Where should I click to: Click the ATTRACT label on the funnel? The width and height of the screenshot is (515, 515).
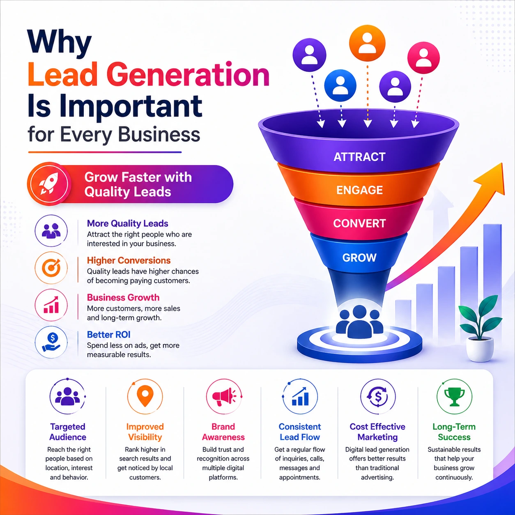(359, 157)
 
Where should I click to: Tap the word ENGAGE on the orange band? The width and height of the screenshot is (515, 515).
(359, 190)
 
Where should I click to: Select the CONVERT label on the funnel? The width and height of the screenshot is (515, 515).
(359, 223)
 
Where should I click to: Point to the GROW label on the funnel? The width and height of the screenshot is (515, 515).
(359, 257)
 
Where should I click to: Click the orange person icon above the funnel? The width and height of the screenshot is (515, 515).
(367, 43)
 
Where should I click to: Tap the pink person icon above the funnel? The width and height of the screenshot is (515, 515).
(423, 58)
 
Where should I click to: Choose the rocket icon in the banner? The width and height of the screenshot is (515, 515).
(49, 184)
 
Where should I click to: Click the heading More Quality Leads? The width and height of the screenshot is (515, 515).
(127, 223)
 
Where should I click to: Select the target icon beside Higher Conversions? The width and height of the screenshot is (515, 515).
(51, 268)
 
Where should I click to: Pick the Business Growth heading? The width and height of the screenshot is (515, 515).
(123, 297)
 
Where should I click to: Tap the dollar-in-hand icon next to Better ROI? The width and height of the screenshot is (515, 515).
(51, 342)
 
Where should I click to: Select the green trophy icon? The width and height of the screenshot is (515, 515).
(454, 397)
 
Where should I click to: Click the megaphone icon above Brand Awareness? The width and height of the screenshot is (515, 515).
(223, 397)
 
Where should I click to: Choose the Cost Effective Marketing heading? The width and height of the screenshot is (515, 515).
(377, 432)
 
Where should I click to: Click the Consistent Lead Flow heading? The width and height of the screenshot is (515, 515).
(300, 432)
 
